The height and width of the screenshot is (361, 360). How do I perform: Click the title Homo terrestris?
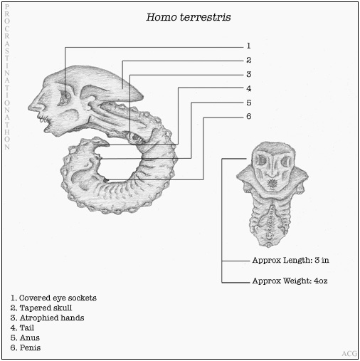[x=189, y=17]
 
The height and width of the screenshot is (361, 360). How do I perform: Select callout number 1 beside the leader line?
[x=248, y=46]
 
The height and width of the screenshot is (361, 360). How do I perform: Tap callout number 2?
[x=248, y=60]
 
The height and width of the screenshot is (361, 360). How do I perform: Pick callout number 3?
[x=248, y=74]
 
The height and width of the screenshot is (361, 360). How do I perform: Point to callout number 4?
[x=248, y=88]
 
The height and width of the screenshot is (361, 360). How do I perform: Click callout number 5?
[x=248, y=103]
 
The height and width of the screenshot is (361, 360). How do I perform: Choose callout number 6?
[x=248, y=116]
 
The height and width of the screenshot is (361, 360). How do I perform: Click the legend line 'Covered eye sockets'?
[x=53, y=298]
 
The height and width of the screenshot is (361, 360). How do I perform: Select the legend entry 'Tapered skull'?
[x=41, y=308]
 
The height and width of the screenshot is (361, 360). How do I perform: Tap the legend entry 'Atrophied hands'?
[x=47, y=318]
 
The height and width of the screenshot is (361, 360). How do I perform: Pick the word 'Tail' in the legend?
[x=27, y=328]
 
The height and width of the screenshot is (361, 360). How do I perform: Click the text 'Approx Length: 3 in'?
[x=290, y=260]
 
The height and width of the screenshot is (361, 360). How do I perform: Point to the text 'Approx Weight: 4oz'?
[x=290, y=281]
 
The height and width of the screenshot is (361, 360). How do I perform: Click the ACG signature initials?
[x=349, y=354]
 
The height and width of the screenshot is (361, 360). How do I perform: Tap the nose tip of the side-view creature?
[x=29, y=107]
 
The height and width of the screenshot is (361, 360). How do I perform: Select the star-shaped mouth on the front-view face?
[x=271, y=184]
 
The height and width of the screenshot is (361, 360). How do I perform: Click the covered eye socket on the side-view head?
[x=64, y=98]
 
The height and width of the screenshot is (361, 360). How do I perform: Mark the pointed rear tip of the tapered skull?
[x=142, y=96]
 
